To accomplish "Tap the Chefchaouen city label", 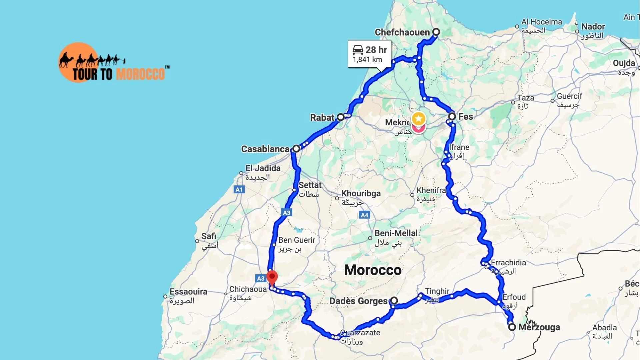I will (402, 32).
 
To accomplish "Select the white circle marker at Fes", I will (452, 116).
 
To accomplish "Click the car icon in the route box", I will (358, 50).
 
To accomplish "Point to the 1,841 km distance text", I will (367, 60).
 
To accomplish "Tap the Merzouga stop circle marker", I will (512, 327).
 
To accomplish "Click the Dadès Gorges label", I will (358, 301).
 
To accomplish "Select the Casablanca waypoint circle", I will (296, 149).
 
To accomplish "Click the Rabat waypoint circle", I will (340, 117).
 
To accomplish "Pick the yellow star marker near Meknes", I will (418, 119).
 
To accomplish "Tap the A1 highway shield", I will (239, 190).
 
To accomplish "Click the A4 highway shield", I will (365, 215).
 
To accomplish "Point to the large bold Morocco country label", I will (373, 270).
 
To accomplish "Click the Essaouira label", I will (188, 292).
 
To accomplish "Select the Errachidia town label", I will (508, 263).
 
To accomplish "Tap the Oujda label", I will (624, 63).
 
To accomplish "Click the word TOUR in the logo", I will (85, 74).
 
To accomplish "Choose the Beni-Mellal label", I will (396, 233).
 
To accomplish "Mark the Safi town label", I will (209, 236).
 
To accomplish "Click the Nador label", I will (593, 27).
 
